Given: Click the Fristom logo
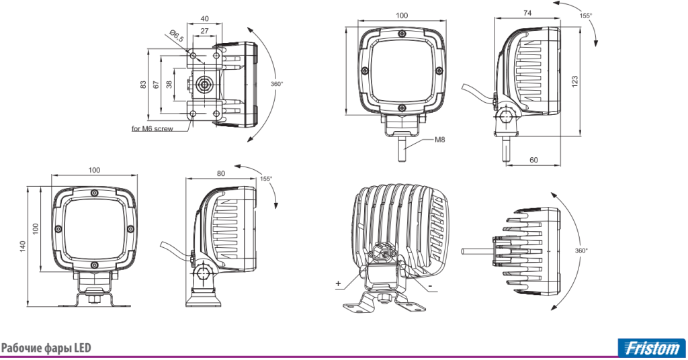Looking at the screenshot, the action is (652, 348).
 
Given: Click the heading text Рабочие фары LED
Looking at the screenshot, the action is (46, 348).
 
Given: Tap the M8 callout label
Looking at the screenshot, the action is (439, 140).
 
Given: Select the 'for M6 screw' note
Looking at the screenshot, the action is (153, 129).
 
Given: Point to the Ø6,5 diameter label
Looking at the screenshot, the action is (177, 36).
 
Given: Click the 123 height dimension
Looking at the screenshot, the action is (575, 81).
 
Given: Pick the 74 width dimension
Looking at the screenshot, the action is (527, 13).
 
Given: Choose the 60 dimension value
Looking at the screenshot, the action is (533, 160).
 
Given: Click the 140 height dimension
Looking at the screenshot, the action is (23, 246).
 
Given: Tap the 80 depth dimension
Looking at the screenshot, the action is (220, 174).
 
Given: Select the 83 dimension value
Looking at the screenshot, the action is (143, 85).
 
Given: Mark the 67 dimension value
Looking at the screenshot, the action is (156, 85).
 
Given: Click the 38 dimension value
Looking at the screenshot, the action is (169, 85).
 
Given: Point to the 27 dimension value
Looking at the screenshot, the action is (204, 31).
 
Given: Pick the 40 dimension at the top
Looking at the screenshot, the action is (204, 19).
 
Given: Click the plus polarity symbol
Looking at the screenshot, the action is (339, 283).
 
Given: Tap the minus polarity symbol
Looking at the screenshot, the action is (431, 287).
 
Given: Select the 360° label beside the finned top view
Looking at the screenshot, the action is (581, 251).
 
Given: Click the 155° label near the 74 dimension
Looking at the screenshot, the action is (585, 15).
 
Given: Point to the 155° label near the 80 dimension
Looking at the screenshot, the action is (266, 179).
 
